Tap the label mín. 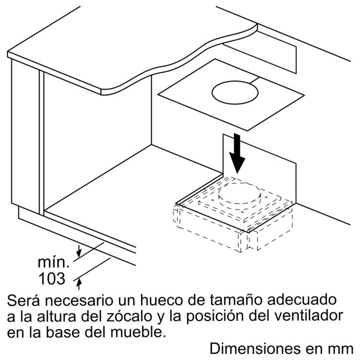54,262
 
